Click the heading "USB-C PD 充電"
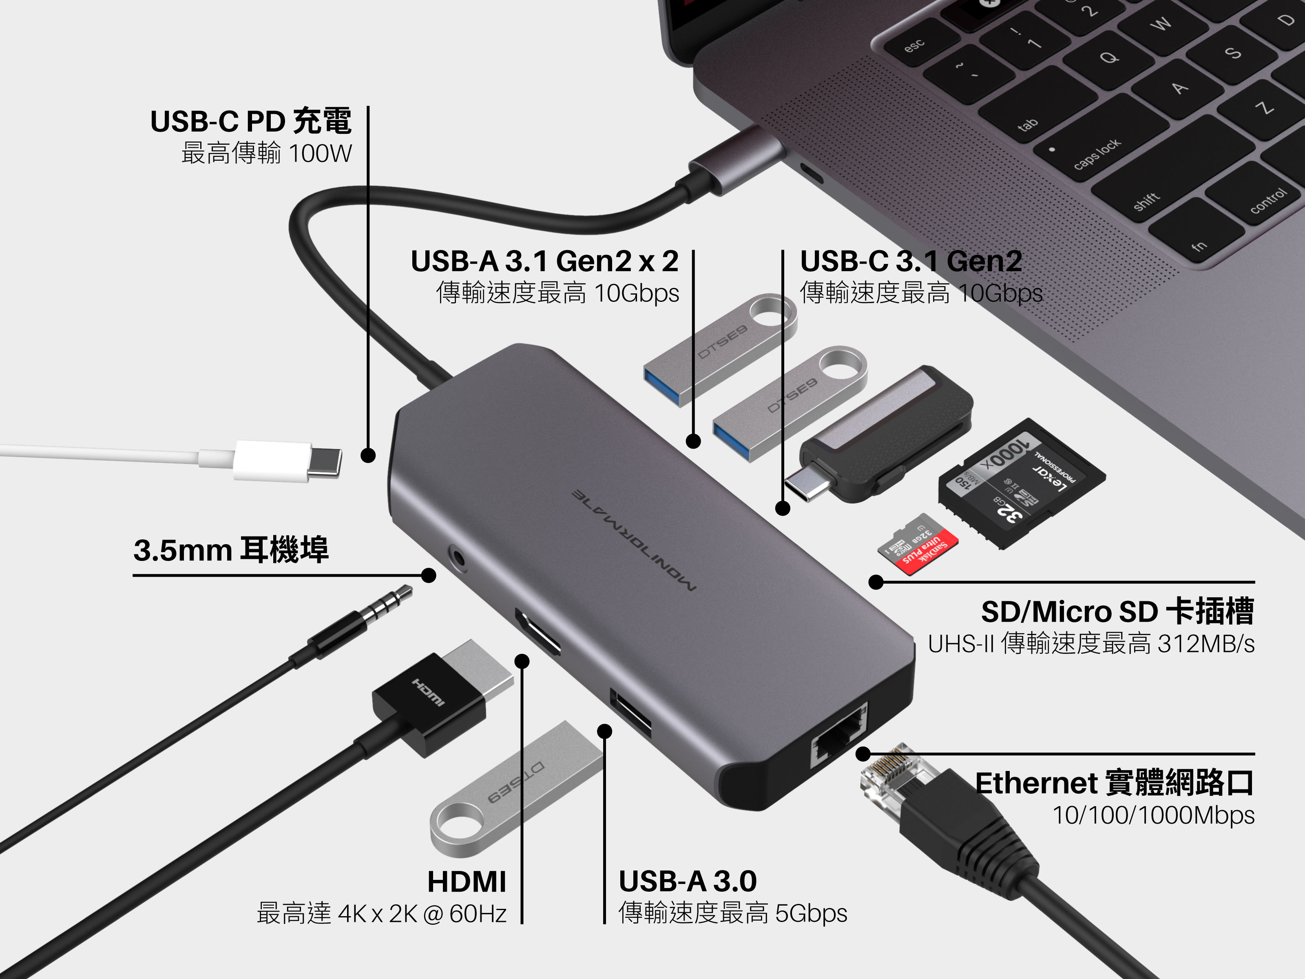[251, 122]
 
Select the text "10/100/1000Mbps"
[1153, 815]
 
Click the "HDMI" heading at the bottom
[467, 882]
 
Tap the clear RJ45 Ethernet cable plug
[897, 779]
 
